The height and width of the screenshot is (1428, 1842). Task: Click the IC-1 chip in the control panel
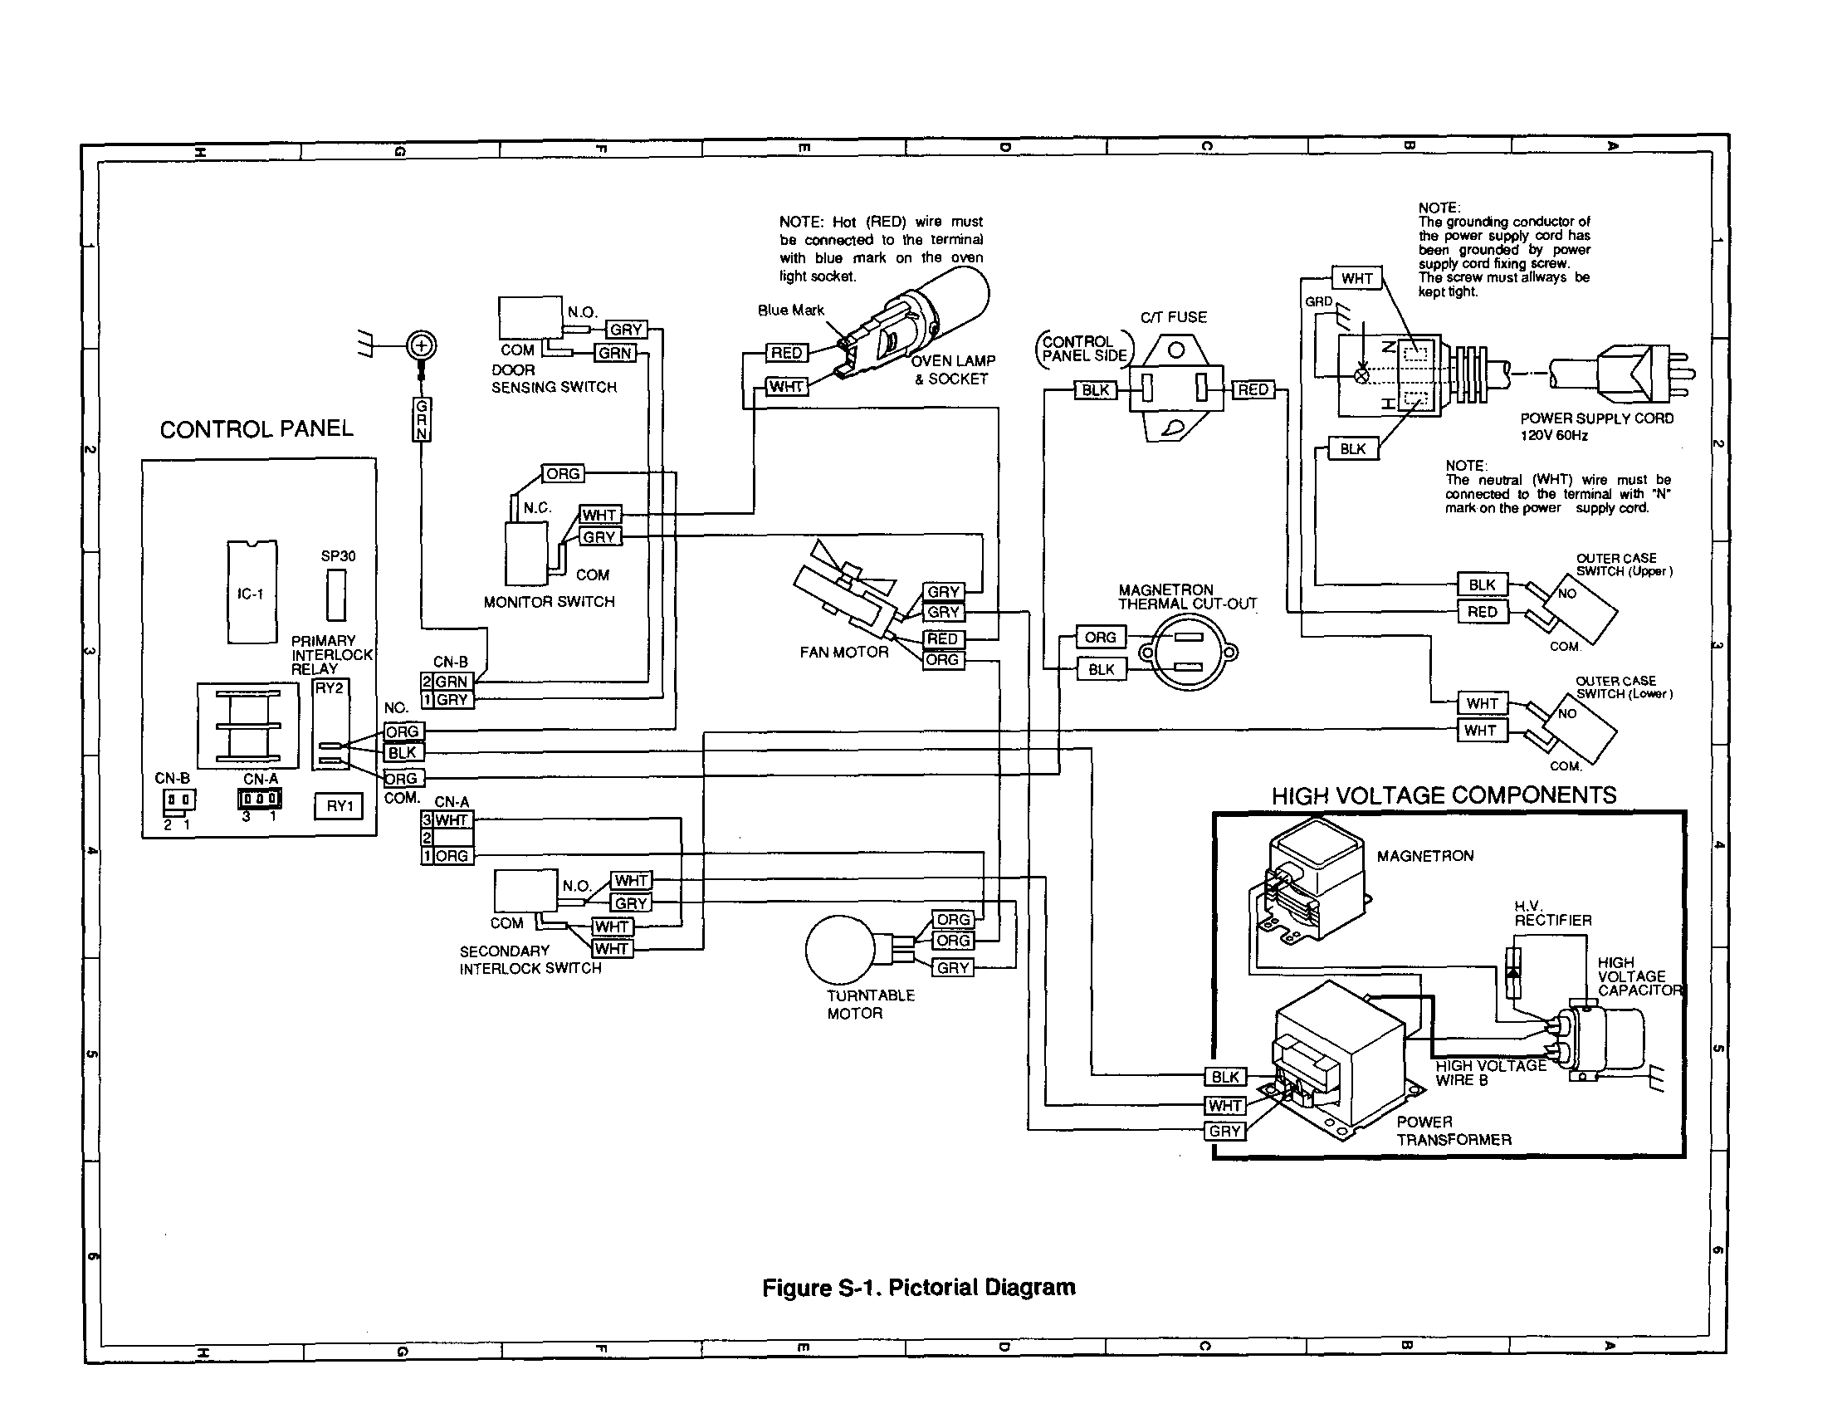252,592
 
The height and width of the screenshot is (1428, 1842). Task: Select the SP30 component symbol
336,594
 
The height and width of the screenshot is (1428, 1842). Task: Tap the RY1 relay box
339,805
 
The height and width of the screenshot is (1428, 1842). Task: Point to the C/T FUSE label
1173,317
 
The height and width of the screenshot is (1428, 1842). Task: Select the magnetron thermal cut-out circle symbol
1188,652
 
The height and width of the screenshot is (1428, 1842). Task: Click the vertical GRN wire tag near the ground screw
422,419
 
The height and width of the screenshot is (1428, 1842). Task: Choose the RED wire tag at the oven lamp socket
787,353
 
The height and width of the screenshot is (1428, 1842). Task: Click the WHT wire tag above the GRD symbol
1356,278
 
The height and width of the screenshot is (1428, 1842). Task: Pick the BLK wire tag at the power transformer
1224,1076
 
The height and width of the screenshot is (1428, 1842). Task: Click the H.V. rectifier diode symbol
1513,972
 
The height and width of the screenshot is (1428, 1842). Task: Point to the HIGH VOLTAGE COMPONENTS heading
1444,795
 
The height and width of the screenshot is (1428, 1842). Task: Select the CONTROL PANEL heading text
257,428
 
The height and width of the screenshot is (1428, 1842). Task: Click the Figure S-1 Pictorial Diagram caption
918,1287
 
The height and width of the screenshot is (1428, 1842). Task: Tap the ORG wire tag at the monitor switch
563,473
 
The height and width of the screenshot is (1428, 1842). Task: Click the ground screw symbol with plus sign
422,345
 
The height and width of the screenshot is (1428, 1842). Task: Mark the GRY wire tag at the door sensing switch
626,329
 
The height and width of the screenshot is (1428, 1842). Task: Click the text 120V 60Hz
1554,435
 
